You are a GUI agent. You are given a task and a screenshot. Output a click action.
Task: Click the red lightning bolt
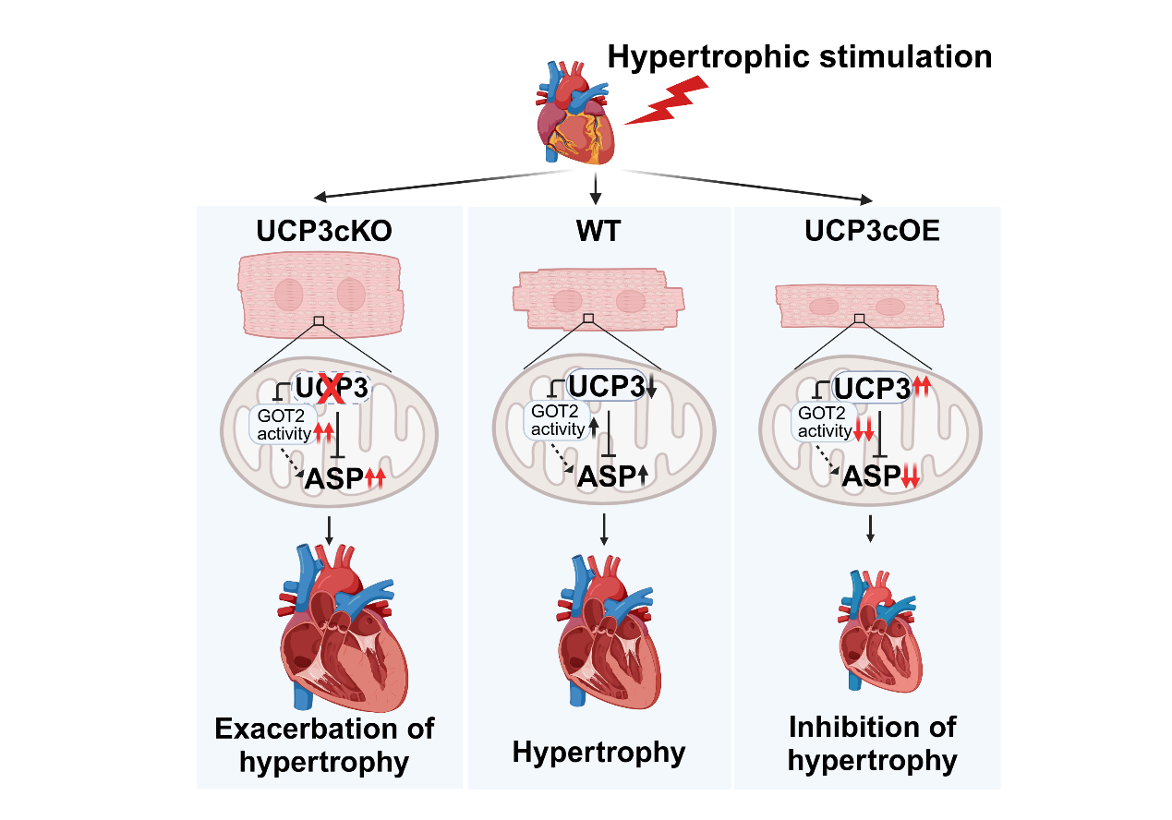[x=667, y=100]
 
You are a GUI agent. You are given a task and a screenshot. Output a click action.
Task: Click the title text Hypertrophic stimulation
[x=799, y=56]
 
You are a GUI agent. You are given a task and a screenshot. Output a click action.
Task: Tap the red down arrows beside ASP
[x=914, y=476]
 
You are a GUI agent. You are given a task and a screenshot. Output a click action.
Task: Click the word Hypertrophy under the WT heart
[x=598, y=753]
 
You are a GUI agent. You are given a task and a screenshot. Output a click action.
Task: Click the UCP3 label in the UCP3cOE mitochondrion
[x=872, y=390]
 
